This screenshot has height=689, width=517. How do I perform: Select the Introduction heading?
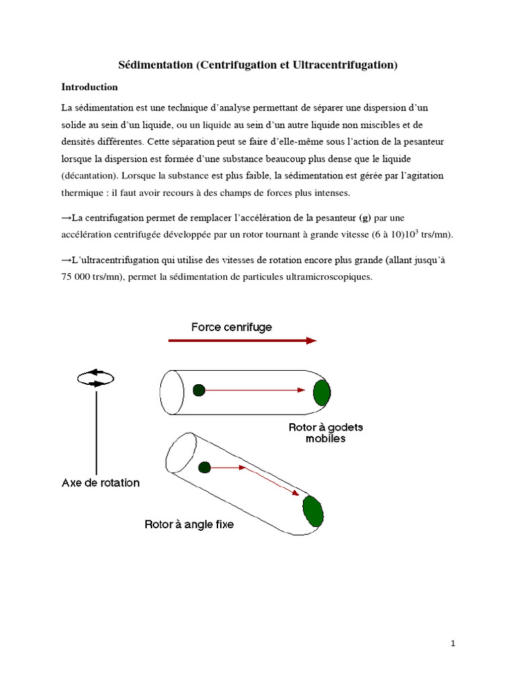click(90, 87)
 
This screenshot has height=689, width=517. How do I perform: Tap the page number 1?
click(453, 644)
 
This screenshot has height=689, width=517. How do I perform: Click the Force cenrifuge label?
click(232, 327)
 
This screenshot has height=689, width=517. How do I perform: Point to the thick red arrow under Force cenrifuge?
click(242, 340)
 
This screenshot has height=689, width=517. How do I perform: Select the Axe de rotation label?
click(101, 482)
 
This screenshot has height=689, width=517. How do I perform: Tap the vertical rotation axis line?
click(97, 431)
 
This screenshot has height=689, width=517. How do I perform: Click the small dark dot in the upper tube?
click(199, 390)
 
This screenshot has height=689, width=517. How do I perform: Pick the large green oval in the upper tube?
click(322, 392)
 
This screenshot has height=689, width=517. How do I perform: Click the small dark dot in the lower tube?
click(205, 468)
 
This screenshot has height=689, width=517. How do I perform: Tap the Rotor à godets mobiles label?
click(326, 433)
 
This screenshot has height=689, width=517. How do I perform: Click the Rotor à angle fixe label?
click(189, 523)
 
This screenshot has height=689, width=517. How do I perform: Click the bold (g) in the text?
click(365, 217)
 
